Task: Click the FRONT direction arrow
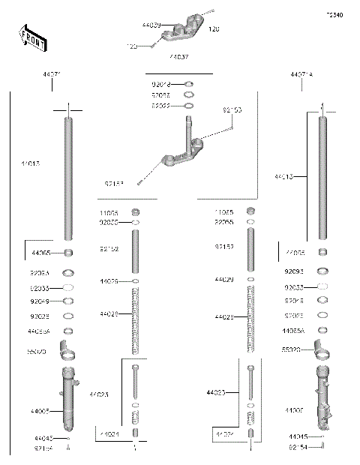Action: point(31,37)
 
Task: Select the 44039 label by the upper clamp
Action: point(151,25)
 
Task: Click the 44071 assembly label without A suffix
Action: point(51,75)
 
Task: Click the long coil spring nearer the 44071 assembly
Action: point(136,315)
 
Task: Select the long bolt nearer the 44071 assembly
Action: point(135,382)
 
